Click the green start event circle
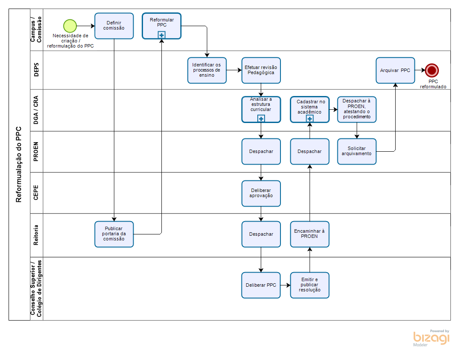[x=70, y=26]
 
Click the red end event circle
[x=432, y=70]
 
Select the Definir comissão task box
[x=114, y=26]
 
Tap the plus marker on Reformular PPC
[x=161, y=35]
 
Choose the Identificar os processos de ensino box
[x=207, y=70]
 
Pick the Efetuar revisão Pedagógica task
[x=261, y=70]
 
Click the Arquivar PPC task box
[x=395, y=70]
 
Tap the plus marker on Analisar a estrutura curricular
[x=261, y=119]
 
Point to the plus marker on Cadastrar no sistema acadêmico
[x=310, y=119]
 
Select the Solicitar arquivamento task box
[x=357, y=151]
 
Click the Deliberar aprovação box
[x=261, y=193]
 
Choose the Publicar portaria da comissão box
[x=114, y=234]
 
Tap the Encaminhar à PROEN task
[x=310, y=234]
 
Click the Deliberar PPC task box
[x=261, y=285]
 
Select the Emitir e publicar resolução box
[x=310, y=285]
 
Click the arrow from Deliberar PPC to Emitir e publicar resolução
[x=285, y=285]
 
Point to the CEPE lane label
[x=36, y=193]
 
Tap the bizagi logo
[x=431, y=338]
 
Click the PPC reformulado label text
[x=433, y=84]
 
